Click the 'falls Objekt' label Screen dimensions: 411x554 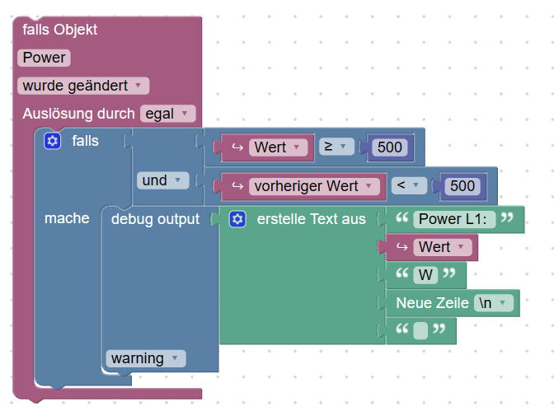click(60, 30)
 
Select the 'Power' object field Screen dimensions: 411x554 click(45, 58)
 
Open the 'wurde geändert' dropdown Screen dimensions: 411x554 click(82, 86)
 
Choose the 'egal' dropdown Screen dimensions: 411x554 click(167, 114)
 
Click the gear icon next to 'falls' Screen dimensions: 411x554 click(53, 141)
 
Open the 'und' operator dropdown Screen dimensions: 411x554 click(162, 180)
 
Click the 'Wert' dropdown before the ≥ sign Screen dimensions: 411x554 click(278, 147)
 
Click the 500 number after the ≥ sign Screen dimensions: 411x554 click(389, 147)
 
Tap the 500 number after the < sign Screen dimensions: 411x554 click(462, 186)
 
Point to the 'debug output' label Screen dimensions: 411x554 click(155, 219)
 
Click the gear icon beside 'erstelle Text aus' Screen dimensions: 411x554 click(238, 219)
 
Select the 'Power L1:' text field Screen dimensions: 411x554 click(456, 219)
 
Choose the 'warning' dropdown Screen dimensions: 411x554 click(146, 358)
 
